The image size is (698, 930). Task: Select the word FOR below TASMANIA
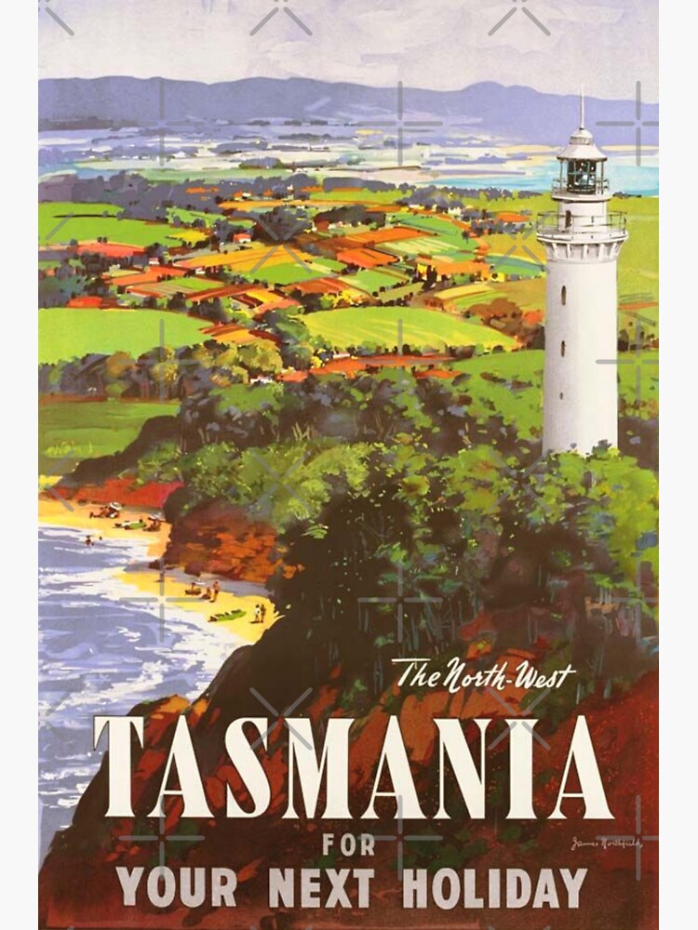350,844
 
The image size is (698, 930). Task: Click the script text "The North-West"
483,675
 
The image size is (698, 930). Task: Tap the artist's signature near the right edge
605,843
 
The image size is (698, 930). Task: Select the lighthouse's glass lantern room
581,174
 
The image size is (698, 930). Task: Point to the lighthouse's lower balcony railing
581,223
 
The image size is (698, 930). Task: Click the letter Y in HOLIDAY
574,886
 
